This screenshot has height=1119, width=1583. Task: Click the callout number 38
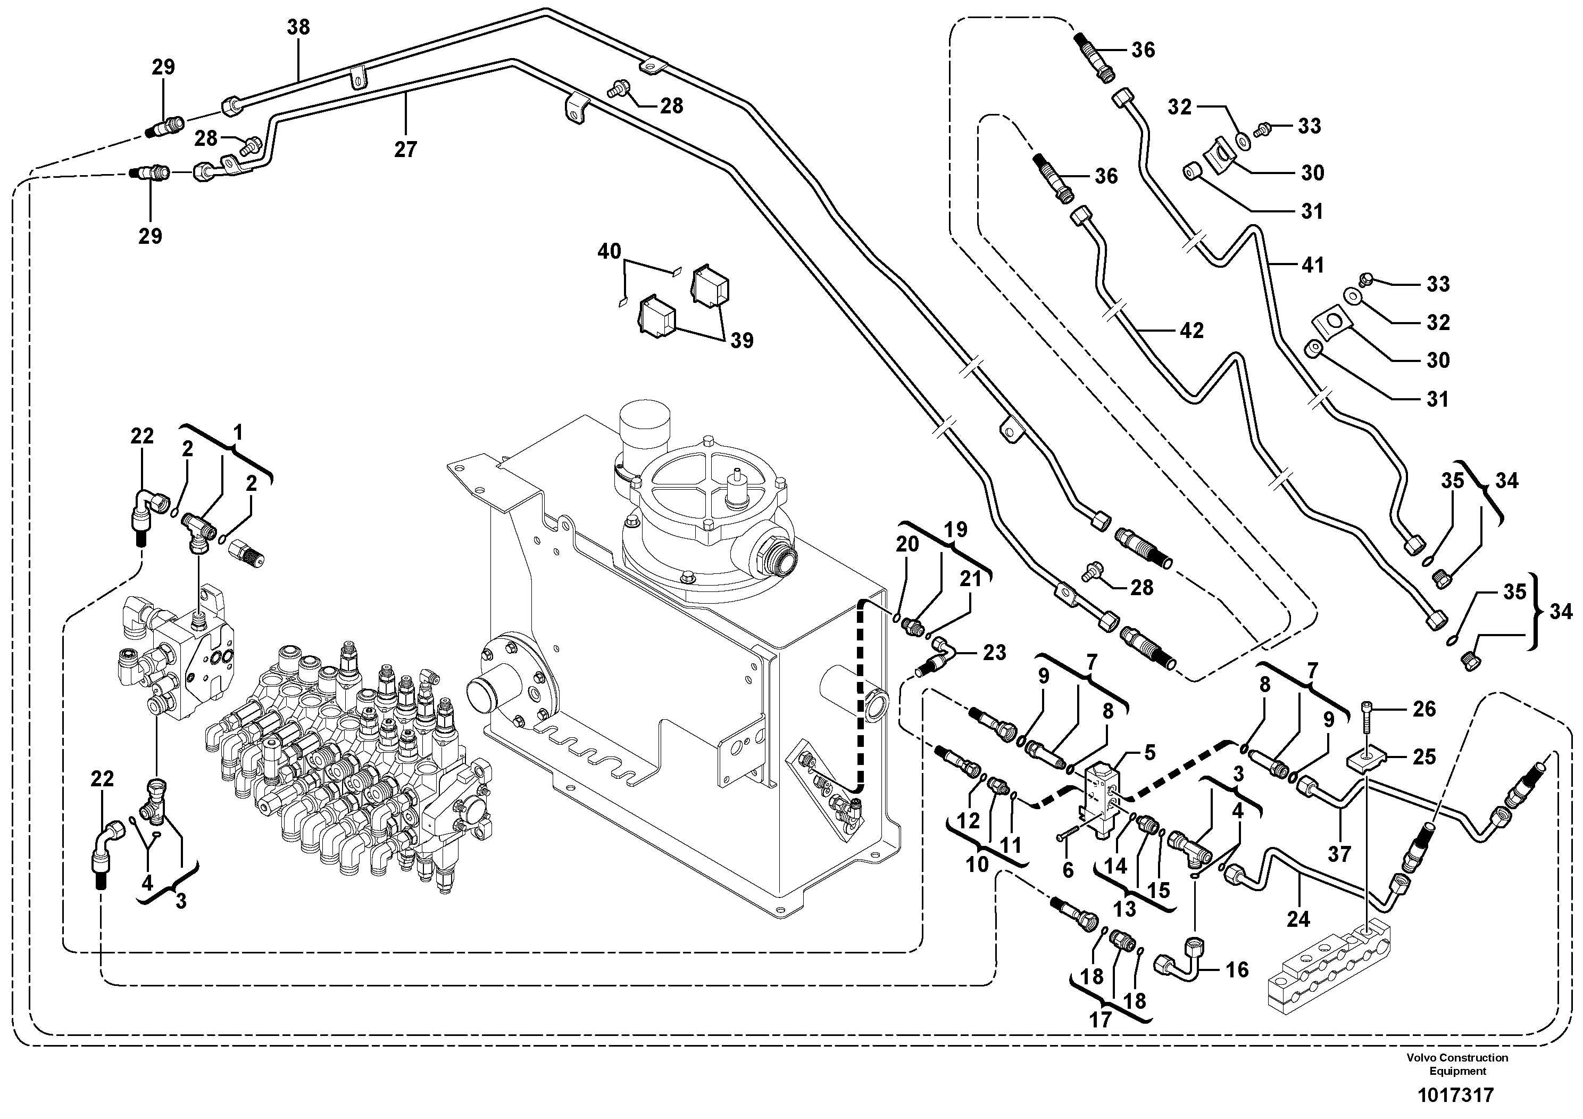[x=298, y=28]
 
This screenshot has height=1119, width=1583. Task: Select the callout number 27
[x=405, y=149]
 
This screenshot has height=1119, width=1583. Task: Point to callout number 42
[x=1192, y=331]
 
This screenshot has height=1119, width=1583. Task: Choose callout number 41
[x=1313, y=265]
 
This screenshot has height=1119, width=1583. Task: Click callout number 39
[x=742, y=341]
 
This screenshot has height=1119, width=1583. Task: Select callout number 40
[x=609, y=252]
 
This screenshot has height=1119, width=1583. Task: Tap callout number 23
[x=994, y=653]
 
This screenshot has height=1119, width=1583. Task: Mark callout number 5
[x=1149, y=752]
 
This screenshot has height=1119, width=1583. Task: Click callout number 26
[x=1424, y=709]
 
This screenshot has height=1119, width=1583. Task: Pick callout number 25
[x=1424, y=757]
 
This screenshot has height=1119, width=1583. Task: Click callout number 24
[x=1298, y=919]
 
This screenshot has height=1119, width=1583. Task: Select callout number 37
[x=1339, y=854]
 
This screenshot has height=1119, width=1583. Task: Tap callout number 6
[x=1068, y=870]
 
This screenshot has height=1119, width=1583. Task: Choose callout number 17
[x=1101, y=1019]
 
